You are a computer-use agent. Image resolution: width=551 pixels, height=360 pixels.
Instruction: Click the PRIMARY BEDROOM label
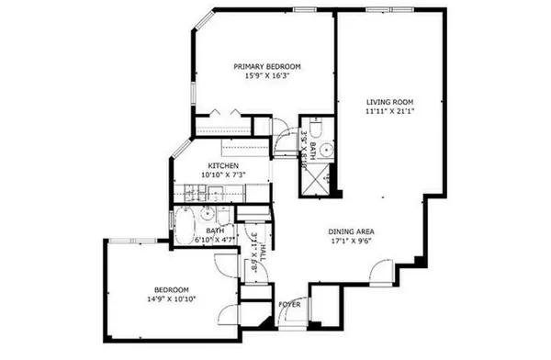pos(267,66)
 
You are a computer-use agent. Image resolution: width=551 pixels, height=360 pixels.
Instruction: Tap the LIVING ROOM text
pos(388,102)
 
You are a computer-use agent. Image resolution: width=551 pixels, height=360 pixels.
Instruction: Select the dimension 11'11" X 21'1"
pos(388,112)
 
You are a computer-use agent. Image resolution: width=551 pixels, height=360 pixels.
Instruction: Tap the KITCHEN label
pos(222,165)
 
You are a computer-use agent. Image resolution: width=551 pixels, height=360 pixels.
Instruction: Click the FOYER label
pos(289,304)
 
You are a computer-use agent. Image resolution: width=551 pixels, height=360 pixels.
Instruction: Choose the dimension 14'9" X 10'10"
pos(171,298)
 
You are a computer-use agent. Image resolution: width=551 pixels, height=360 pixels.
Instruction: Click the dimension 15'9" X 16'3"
pos(267,76)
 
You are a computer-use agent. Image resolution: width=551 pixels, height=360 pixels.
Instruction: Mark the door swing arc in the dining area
pos(380,273)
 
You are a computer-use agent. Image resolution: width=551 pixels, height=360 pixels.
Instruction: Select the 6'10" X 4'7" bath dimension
pos(213,241)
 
